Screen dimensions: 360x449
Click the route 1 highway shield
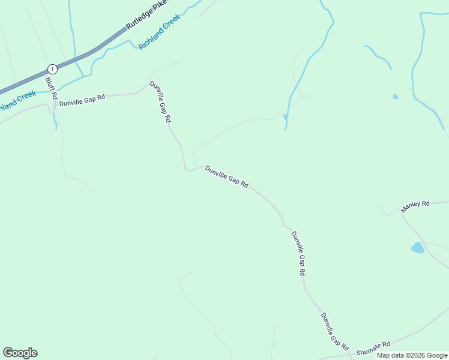tap(53, 68)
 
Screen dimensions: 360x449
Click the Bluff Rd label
tap(51, 88)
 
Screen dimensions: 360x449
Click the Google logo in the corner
tap(20, 353)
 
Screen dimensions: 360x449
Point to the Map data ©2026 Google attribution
tap(412, 355)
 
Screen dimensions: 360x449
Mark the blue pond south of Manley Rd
tap(418, 247)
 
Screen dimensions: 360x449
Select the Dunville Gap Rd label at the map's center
tap(227, 177)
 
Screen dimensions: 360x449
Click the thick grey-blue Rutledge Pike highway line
tap(90, 53)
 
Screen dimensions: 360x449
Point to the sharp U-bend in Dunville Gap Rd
tap(188, 169)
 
